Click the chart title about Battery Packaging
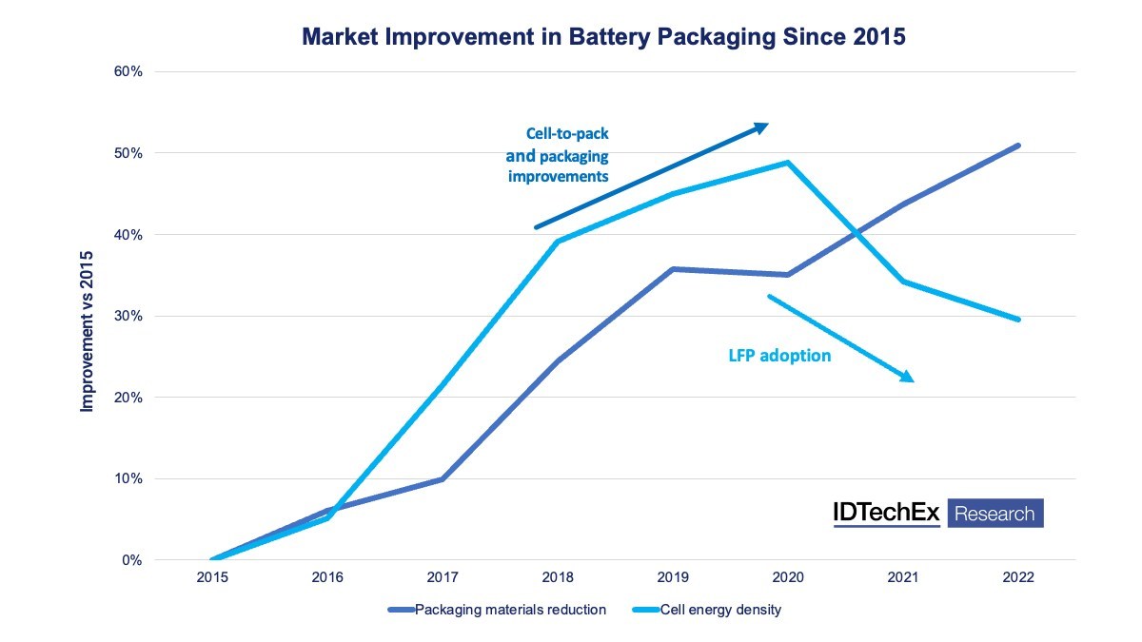click(603, 37)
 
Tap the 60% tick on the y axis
click(128, 71)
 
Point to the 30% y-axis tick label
click(128, 316)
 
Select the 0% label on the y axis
click(132, 560)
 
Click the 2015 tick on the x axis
click(212, 577)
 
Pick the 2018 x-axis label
click(558, 577)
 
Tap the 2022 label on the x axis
click(1018, 577)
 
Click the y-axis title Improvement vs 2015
click(88, 331)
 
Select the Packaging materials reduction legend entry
click(497, 610)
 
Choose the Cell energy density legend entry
click(706, 610)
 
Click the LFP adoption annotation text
click(779, 355)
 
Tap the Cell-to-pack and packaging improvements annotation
click(558, 155)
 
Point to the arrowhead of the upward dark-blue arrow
click(762, 127)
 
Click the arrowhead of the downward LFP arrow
click(908, 377)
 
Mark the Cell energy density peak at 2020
click(788, 163)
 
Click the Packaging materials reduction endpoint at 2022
click(1018, 146)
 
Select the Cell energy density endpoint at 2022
click(1018, 320)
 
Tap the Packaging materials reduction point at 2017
click(442, 479)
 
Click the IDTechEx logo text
click(887, 513)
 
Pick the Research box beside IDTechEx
click(995, 513)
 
